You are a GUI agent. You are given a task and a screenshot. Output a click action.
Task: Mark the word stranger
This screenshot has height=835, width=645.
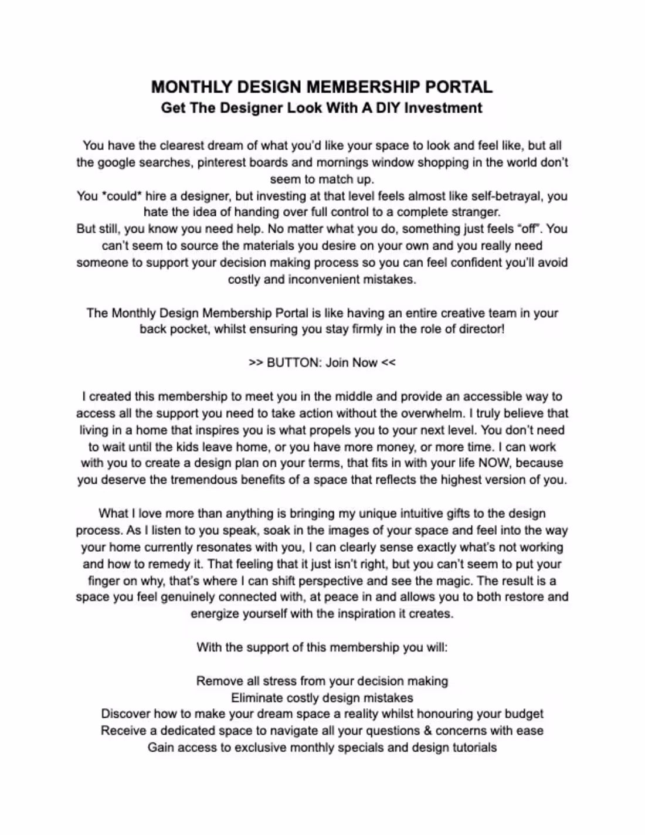[476, 212]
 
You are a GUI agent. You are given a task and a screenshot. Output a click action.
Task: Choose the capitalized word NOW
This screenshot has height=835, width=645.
[494, 463]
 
